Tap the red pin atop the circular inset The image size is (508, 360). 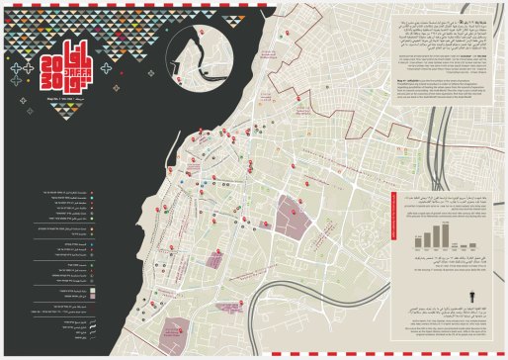pos(196,27)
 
